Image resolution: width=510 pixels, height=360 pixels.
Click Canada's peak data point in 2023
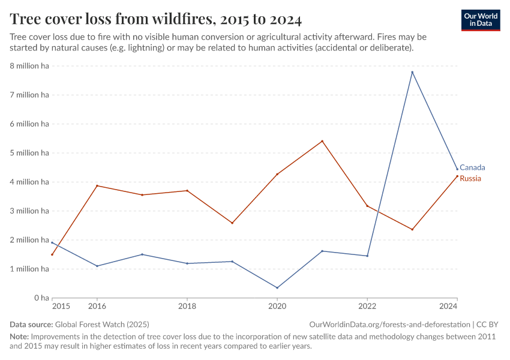pyautogui.click(x=412, y=72)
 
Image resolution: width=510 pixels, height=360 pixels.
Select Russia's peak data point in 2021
pyautogui.click(x=322, y=141)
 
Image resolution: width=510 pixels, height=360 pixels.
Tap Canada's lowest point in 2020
pyautogui.click(x=277, y=288)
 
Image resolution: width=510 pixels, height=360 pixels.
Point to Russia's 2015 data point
pyautogui.click(x=52, y=254)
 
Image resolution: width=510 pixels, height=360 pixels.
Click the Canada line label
pyautogui.click(x=472, y=167)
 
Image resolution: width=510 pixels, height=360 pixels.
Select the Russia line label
pyautogui.click(x=470, y=179)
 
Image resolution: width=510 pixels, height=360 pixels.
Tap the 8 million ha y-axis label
pyautogui.click(x=29, y=66)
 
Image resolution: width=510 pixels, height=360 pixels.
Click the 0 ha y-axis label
pyautogui.click(x=41, y=298)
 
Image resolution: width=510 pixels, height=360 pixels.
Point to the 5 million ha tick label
pyautogui.click(x=29, y=153)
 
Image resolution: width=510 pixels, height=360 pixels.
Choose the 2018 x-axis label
pyautogui.click(x=187, y=306)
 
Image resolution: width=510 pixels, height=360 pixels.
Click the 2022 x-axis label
pyautogui.click(x=367, y=306)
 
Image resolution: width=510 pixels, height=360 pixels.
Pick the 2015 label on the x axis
pyautogui.click(x=61, y=306)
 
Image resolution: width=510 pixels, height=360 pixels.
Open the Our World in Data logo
pyautogui.click(x=481, y=20)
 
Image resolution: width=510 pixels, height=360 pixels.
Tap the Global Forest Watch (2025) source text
pyautogui.click(x=102, y=325)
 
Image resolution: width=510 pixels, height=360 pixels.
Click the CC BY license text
pyautogui.click(x=487, y=325)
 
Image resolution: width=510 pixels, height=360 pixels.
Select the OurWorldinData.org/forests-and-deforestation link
pyautogui.click(x=389, y=325)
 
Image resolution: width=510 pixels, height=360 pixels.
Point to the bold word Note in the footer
pyautogui.click(x=19, y=337)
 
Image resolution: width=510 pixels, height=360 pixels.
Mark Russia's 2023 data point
pyautogui.click(x=412, y=230)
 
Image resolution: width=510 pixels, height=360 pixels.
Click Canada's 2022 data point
pyautogui.click(x=367, y=256)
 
